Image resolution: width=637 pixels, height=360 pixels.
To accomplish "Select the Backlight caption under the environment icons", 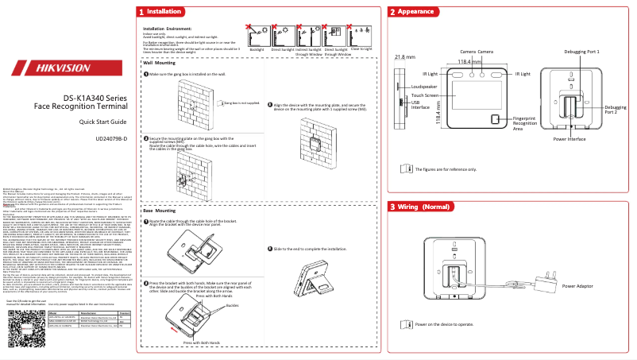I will tap(257, 49).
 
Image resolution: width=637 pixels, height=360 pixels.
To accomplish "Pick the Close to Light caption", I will tap(361, 49).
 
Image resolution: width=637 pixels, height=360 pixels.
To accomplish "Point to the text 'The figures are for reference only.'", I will tap(446, 168).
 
